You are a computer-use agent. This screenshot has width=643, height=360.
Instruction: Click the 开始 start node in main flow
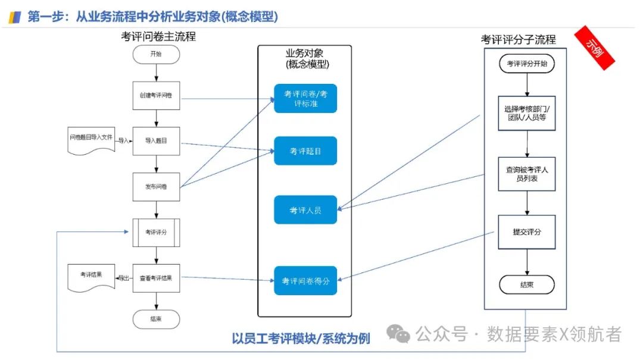pyautogui.click(x=155, y=54)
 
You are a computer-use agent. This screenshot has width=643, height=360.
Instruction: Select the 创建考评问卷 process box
pyautogui.click(x=155, y=95)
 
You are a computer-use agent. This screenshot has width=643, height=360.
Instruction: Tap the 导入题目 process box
pyautogui.click(x=155, y=141)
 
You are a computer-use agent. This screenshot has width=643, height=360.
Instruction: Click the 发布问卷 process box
pyautogui.click(x=155, y=186)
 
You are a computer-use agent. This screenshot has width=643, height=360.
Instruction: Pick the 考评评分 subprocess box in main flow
pyautogui.click(x=155, y=232)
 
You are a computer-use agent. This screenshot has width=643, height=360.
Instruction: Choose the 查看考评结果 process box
pyautogui.click(x=155, y=277)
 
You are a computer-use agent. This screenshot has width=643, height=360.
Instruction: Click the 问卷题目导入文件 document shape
pyautogui.click(x=90, y=141)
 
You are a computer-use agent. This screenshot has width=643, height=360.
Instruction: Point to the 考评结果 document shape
pyautogui.click(x=90, y=278)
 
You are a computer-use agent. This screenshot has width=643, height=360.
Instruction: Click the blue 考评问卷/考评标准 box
pyautogui.click(x=305, y=98)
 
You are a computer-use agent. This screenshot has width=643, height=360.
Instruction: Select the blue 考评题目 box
pyautogui.click(x=305, y=151)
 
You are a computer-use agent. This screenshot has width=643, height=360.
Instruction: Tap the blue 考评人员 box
pyautogui.click(x=305, y=210)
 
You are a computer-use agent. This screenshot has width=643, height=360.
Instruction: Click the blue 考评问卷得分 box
pyautogui.click(x=305, y=280)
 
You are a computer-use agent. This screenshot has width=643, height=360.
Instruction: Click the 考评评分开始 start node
pyautogui.click(x=526, y=64)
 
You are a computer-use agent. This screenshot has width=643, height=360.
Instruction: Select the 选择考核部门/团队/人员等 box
pyautogui.click(x=526, y=113)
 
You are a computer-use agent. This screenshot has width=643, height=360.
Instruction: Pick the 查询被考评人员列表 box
pyautogui.click(x=526, y=174)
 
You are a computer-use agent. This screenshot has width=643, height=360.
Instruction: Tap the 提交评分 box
pyautogui.click(x=526, y=232)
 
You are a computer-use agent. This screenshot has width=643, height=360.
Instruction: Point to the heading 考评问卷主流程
pyautogui.click(x=158, y=36)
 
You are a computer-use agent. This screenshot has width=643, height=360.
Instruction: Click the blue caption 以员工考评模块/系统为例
pyautogui.click(x=301, y=339)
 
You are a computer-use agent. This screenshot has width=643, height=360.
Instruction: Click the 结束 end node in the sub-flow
pyautogui.click(x=526, y=284)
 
